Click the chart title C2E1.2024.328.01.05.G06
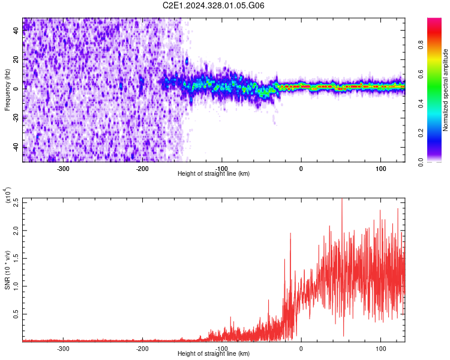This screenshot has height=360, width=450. coord(214,5)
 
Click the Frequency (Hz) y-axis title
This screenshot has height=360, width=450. coord(7,91)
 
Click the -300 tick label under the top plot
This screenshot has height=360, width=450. coord(64,168)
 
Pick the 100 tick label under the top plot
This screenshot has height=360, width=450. coord(380,168)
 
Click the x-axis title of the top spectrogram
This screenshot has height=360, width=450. coord(214,174)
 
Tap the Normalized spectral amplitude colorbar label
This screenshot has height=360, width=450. coord(445,91)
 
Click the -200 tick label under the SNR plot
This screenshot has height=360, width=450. coord(143,348)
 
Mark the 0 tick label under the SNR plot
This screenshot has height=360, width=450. coord(301,348)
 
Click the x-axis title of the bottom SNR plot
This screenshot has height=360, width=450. coord(214,354)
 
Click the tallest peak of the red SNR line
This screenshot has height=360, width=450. coord(342,200)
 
